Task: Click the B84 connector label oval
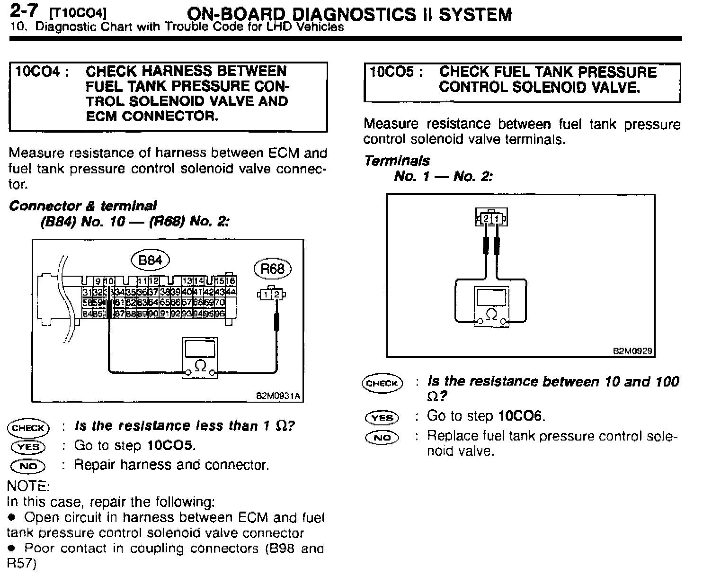tap(150, 260)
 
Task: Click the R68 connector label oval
tap(272, 269)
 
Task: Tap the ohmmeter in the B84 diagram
tap(201, 358)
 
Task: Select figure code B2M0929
tap(632, 351)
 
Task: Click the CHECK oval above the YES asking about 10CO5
tap(28, 428)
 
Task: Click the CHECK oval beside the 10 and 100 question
tap(382, 383)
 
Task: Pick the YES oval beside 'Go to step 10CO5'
tap(28, 447)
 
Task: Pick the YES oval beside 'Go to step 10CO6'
tap(382, 417)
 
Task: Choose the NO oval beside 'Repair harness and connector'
tap(28, 466)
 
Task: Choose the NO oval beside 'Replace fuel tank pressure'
tap(382, 437)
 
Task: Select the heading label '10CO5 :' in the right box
tap(395, 72)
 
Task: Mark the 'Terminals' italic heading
tap(397, 161)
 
